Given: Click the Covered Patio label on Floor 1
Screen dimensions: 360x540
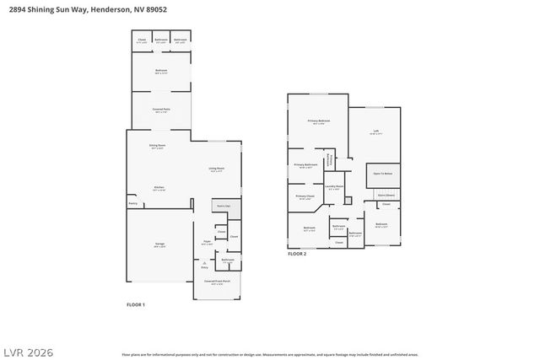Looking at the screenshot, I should coord(160,110).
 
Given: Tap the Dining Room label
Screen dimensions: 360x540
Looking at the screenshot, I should coord(157,145).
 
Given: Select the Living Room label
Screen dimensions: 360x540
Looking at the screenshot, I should coord(216,169).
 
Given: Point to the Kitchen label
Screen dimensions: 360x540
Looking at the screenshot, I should coord(159,187).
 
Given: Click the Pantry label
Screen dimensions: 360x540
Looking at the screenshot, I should coord(132,203).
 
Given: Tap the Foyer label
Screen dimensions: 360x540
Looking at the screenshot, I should coord(206,243).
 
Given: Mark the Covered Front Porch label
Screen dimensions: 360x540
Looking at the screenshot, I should coord(216,282).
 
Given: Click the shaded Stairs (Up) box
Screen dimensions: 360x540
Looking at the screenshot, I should coord(224,205).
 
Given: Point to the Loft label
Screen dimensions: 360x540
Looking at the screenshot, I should coord(376,131).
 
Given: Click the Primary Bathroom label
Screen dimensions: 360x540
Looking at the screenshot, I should coord(306,164).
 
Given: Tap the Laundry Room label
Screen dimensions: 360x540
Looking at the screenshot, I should coord(333,186).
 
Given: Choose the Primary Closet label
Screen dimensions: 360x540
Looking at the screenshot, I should coord(305,196).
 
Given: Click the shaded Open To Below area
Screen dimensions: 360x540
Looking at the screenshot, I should coord(383,175).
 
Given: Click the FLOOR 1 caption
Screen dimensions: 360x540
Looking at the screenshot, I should coord(136,304).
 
